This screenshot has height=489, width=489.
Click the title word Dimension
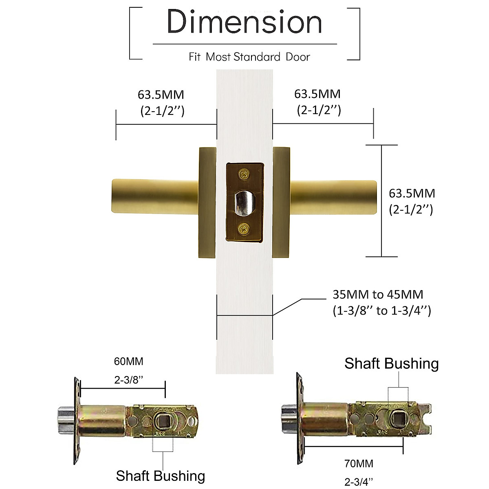point(244,22)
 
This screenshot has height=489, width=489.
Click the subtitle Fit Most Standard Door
point(249,57)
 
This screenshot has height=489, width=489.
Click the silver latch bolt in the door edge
point(244,203)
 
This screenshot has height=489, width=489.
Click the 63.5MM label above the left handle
point(161,95)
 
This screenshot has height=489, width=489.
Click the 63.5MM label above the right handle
point(317,94)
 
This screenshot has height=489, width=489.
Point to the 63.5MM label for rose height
point(412,193)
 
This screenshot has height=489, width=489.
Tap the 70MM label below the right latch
point(359,463)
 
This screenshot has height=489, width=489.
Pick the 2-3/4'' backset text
point(359,482)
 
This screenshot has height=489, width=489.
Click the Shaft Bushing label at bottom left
point(160,476)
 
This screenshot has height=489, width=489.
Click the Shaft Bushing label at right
point(391,363)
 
